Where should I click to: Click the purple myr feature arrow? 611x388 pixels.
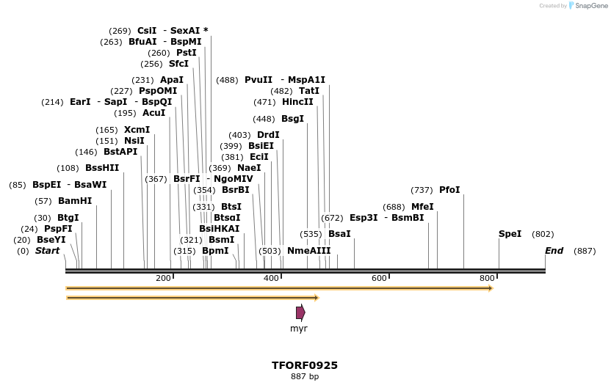pyautogui.click(x=300, y=312)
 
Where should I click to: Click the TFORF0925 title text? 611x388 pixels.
pyautogui.click(x=305, y=365)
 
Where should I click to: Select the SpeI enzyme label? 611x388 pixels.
pyautogui.click(x=510, y=234)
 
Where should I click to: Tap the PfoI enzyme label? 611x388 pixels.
pyautogui.click(x=449, y=190)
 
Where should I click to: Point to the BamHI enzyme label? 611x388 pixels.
pyautogui.click(x=75, y=201)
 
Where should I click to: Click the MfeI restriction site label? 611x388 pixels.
pyautogui.click(x=422, y=207)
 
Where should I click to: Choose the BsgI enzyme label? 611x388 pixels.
pyautogui.click(x=292, y=119)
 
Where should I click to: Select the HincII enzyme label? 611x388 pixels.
pyautogui.click(x=297, y=102)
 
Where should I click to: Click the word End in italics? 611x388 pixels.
pyautogui.click(x=554, y=251)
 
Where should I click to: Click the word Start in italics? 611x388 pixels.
pyautogui.click(x=48, y=251)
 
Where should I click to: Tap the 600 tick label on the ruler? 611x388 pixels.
pyautogui.click(x=379, y=278)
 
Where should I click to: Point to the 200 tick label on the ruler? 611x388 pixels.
pyautogui.click(x=163, y=278)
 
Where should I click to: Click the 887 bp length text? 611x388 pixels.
pyautogui.click(x=305, y=377)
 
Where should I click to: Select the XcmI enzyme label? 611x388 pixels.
pyautogui.click(x=137, y=130)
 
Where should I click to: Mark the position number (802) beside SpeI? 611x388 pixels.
pyautogui.click(x=543, y=234)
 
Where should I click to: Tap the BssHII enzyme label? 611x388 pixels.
pyautogui.click(x=102, y=168)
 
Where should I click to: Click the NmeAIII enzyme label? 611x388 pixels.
pyautogui.click(x=308, y=251)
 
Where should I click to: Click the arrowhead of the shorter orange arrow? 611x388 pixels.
pyautogui.click(x=316, y=298)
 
